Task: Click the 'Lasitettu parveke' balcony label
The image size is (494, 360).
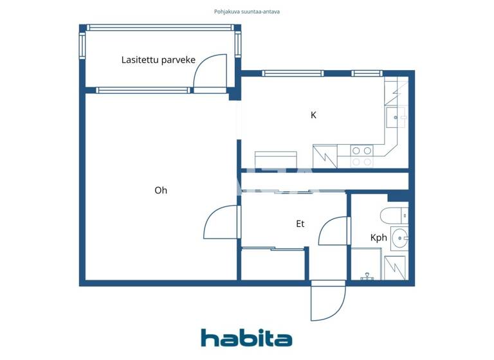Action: (158, 60)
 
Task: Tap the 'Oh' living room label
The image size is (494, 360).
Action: (161, 190)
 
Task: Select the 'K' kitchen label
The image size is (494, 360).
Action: (313, 116)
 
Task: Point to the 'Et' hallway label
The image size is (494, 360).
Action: (300, 224)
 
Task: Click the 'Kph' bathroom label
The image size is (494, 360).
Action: (379, 237)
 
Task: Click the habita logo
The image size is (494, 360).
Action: (246, 338)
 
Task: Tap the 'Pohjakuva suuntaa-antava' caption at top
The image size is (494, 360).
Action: (247, 12)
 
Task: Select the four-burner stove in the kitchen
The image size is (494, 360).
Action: (361, 156)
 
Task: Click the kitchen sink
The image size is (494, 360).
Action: (395, 118)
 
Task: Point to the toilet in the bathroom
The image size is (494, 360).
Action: (393, 214)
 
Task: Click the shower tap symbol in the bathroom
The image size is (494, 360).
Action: (367, 276)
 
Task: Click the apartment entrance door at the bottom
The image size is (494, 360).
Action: (328, 302)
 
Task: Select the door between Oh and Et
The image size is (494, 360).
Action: (221, 222)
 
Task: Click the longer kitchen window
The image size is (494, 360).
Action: (292, 73)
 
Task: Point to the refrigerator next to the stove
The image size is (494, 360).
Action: (325, 156)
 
